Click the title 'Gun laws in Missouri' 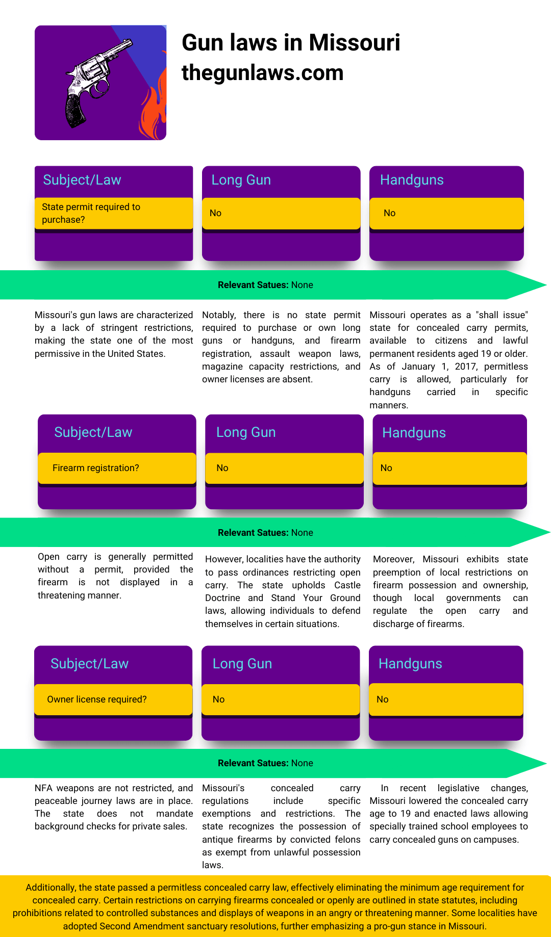click(291, 43)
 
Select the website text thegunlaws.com click(262, 73)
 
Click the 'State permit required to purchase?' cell click(113, 213)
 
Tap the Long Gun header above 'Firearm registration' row click(246, 432)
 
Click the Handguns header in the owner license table click(410, 664)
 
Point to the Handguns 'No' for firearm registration click(386, 468)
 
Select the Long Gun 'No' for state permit click(215, 213)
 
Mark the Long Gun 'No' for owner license click(218, 699)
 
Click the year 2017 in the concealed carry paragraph click(465, 367)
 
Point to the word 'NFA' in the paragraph click(43, 788)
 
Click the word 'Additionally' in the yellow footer click(50, 888)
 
